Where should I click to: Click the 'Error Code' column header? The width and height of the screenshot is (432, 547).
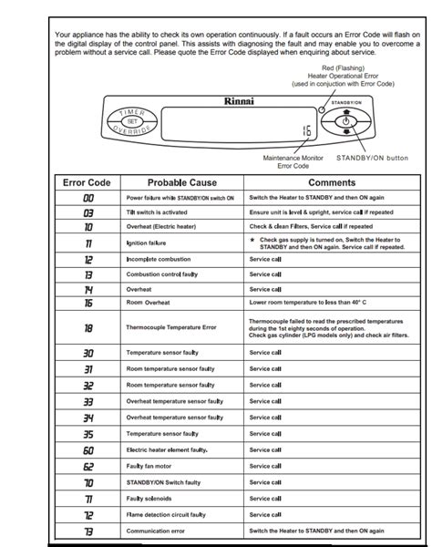click(x=87, y=182)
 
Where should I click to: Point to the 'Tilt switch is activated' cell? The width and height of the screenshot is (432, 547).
click(x=161, y=212)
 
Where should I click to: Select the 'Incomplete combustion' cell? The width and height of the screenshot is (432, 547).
click(x=159, y=260)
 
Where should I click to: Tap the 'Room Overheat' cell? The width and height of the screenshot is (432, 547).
click(x=149, y=302)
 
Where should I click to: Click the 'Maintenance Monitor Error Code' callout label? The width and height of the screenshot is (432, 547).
click(x=293, y=161)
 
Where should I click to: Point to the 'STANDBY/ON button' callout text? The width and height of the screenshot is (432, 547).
click(x=373, y=158)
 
